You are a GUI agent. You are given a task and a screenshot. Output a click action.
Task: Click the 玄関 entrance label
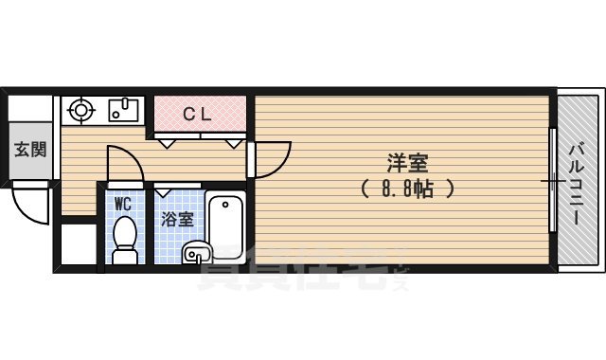(29, 150)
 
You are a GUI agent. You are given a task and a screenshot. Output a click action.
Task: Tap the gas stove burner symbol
(79, 110)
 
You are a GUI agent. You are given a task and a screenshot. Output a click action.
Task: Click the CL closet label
(196, 115)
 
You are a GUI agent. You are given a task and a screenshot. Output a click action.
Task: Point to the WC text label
(123, 204)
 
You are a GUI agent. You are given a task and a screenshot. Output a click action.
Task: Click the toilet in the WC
(124, 243)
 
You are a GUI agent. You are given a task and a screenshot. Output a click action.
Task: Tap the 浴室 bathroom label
(177, 220)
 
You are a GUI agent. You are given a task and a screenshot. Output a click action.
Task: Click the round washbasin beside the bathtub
(196, 253)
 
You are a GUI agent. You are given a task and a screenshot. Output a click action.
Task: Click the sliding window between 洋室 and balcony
(552, 179)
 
